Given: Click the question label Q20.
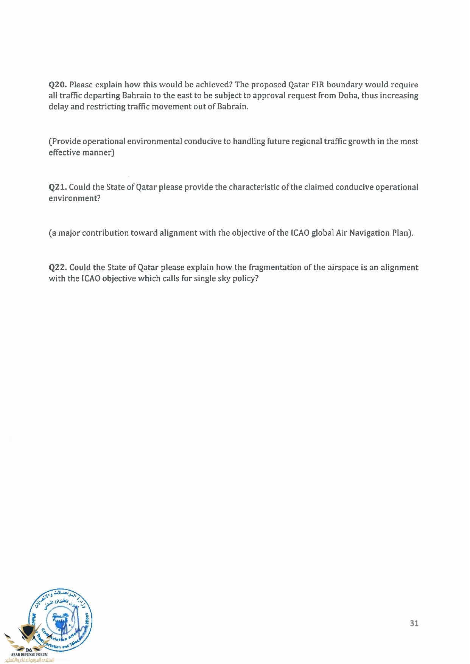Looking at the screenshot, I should (58, 84).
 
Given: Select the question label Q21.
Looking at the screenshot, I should (58, 187).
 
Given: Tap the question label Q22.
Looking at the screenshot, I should (58, 267).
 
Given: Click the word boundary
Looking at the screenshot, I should (344, 84).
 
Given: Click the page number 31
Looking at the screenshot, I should (414, 623).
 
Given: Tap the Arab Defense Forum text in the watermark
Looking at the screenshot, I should (30, 654).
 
